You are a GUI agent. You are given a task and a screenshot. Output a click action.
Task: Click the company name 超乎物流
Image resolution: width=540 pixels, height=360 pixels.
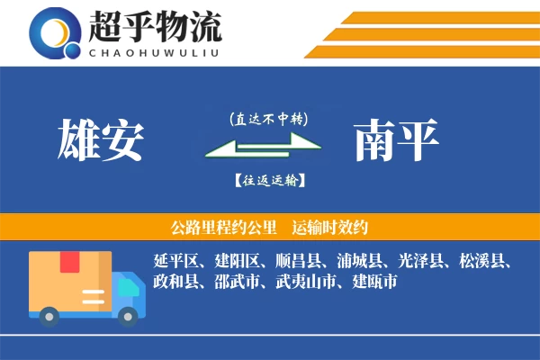[154, 27]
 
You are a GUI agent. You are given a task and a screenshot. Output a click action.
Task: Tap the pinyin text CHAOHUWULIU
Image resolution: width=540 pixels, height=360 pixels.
[154, 51]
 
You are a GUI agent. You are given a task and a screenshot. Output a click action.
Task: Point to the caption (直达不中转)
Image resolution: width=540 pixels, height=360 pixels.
[269, 119]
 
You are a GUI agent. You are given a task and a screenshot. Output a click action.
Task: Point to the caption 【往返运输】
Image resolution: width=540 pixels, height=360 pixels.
[269, 180]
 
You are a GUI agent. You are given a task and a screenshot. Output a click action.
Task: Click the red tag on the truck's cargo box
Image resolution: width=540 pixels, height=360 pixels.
[70, 262]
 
